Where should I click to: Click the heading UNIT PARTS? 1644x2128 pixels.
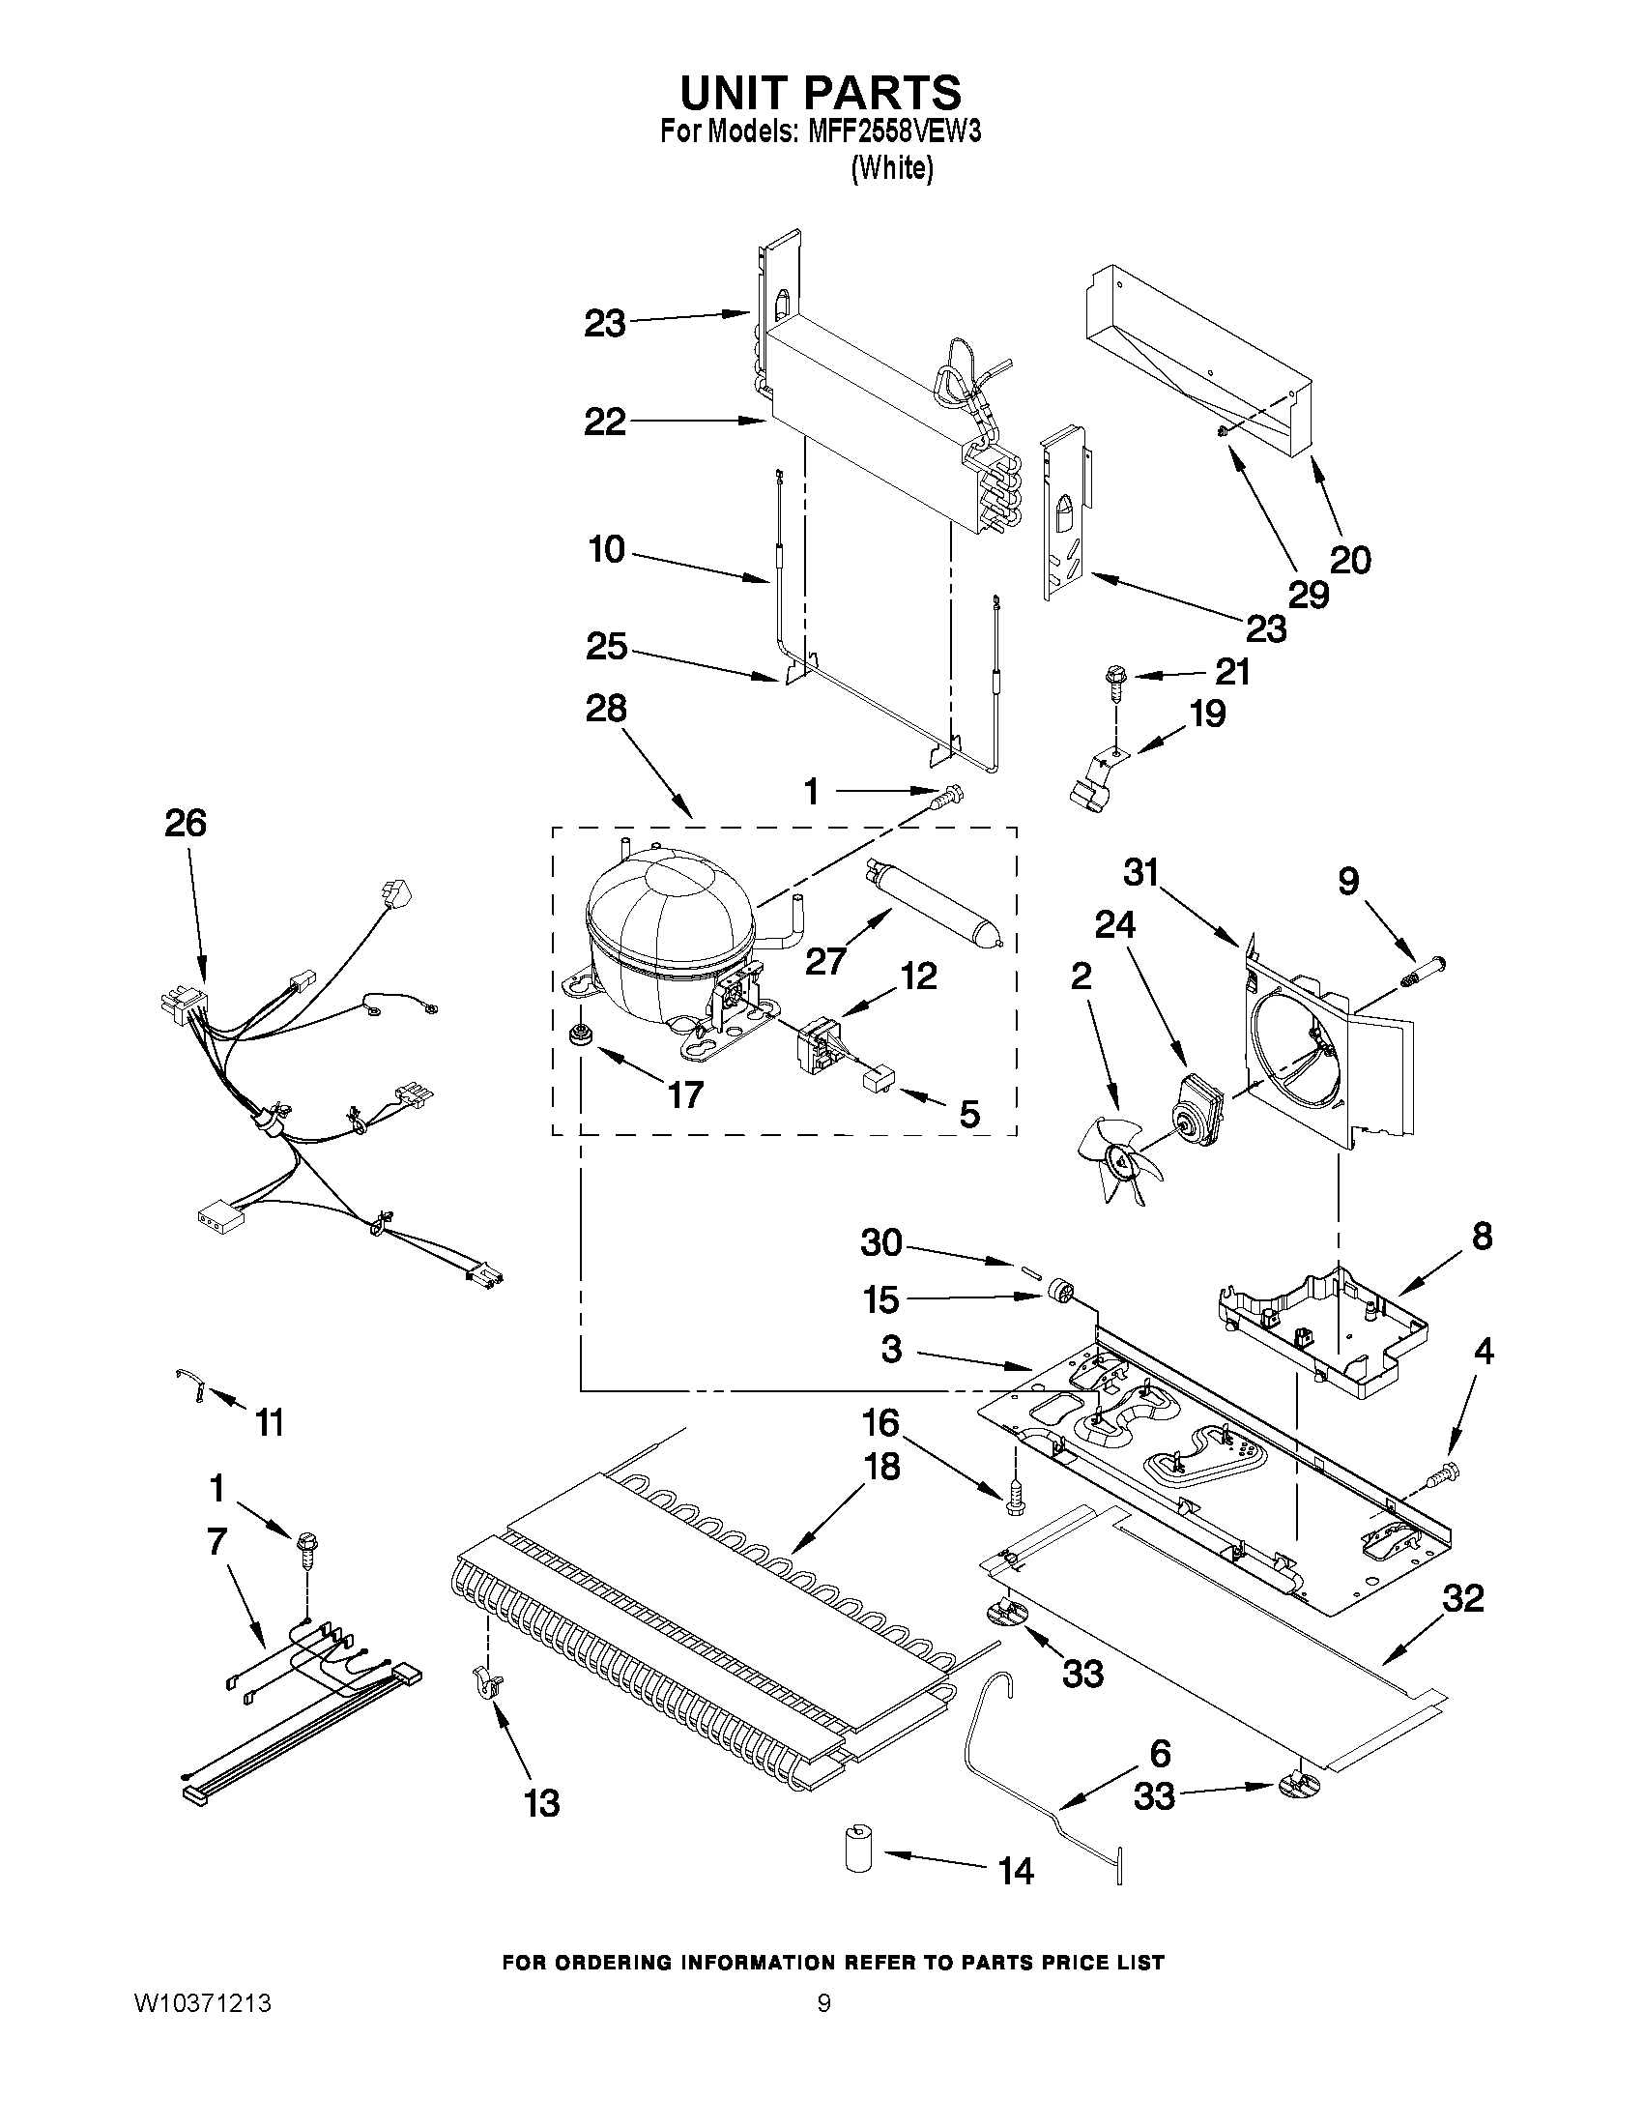[x=820, y=93]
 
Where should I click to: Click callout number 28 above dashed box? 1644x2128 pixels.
[x=605, y=709]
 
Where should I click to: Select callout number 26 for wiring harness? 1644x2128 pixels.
[x=185, y=824]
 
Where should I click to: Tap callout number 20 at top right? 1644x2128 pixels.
[x=1350, y=559]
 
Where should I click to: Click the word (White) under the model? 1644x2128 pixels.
[x=892, y=168]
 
